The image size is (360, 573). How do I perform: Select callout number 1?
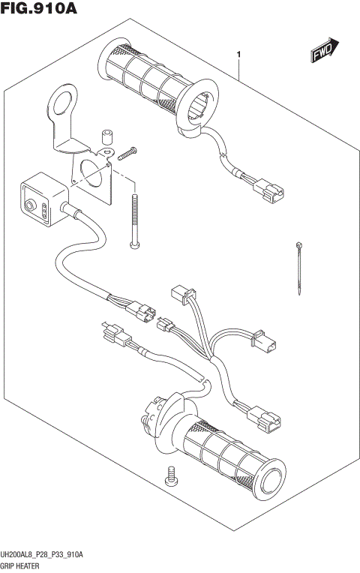point(238,55)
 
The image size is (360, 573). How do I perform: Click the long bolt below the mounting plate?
point(135,220)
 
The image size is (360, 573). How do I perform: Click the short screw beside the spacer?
point(124,154)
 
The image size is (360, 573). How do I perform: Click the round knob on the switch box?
point(31,205)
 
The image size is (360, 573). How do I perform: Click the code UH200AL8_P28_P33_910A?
point(42,555)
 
